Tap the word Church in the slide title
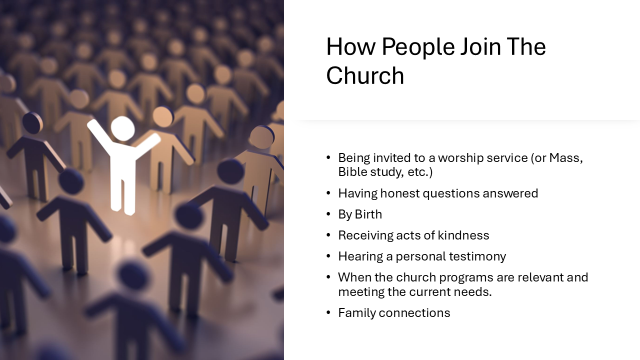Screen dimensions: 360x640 pos(365,76)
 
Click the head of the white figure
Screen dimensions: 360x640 pos(122,128)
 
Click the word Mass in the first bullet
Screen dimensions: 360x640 pos(566,158)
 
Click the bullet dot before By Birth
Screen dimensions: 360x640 pos(328,214)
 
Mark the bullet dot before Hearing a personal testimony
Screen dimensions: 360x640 pos(328,256)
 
